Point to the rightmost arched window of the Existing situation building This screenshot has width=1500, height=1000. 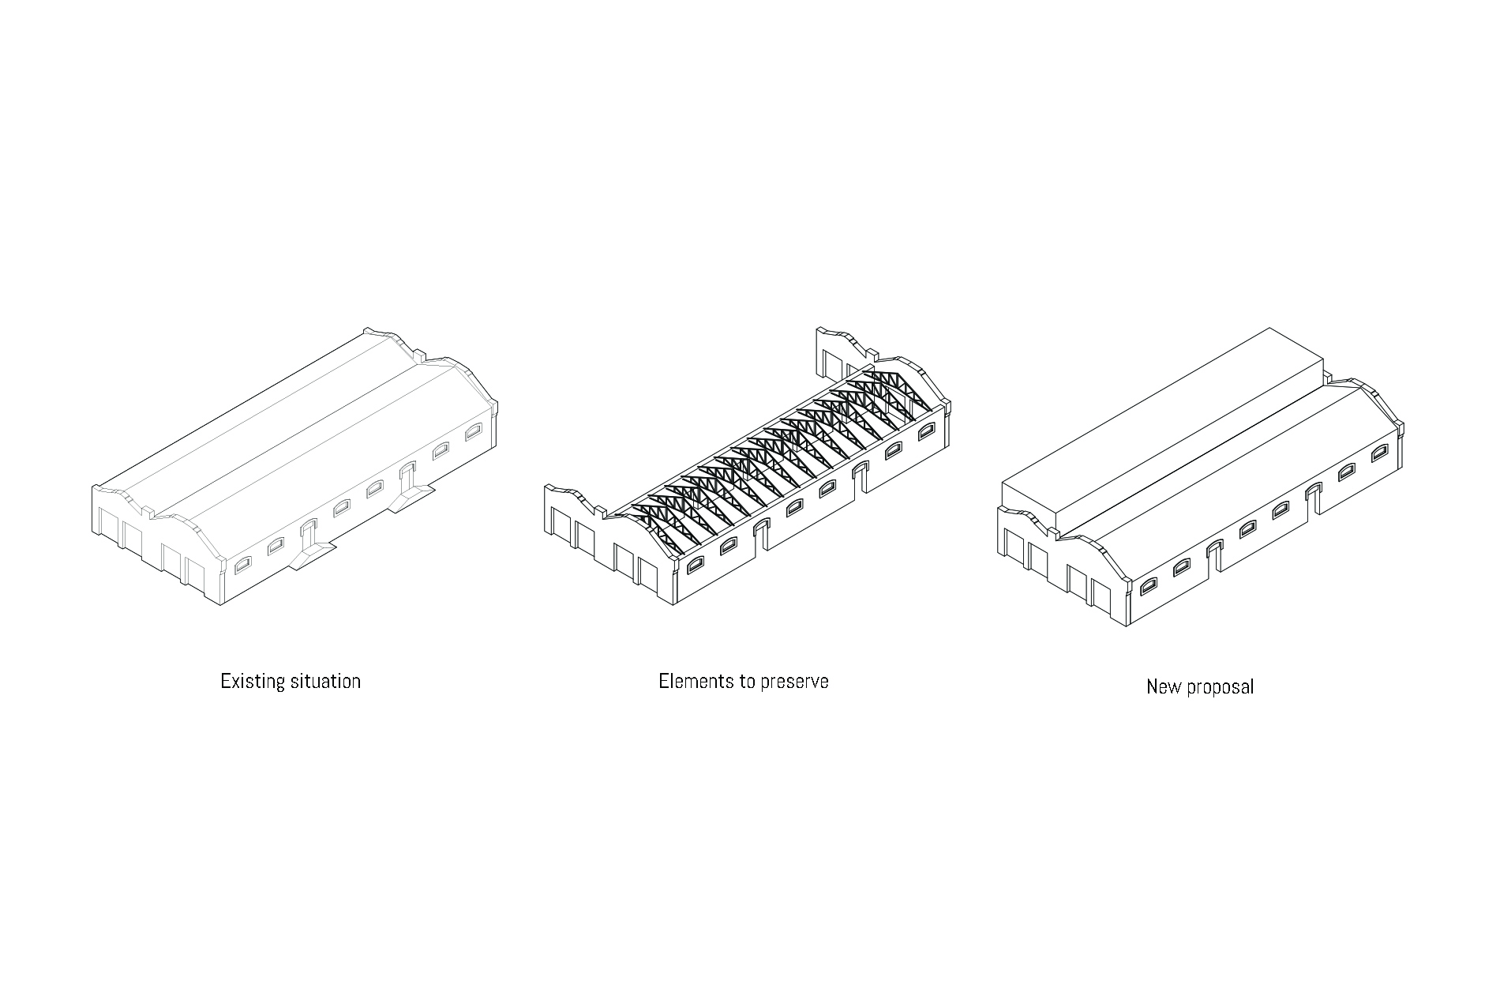coord(473,431)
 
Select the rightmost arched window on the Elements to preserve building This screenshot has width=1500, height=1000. coord(927,431)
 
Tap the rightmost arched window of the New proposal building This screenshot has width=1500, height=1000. coord(1380,453)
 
